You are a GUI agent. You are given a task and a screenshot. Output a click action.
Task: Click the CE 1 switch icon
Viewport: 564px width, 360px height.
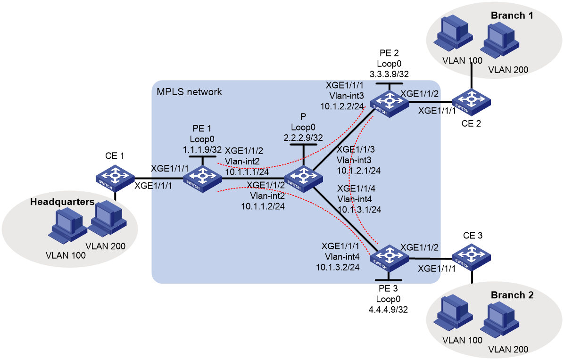click(x=115, y=178)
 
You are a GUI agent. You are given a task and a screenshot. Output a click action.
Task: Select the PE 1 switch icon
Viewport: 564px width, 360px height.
click(x=202, y=179)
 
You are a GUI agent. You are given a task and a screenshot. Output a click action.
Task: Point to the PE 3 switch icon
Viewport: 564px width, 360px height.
click(x=390, y=257)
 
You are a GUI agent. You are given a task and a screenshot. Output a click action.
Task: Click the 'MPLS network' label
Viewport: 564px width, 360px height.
click(x=189, y=92)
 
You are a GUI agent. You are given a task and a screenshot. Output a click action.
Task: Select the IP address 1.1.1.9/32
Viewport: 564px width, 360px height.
click(x=202, y=149)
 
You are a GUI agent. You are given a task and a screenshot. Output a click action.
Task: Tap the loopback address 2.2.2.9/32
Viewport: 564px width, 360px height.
click(x=303, y=138)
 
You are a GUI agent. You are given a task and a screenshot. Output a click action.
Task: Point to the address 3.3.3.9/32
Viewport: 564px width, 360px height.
click(x=389, y=74)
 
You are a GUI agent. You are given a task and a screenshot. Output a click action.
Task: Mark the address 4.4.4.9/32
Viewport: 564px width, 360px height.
click(x=388, y=310)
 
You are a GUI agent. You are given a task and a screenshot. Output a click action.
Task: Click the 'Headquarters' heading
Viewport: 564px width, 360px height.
click(x=62, y=202)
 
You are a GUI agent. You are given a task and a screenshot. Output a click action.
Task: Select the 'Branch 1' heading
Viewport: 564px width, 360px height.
click(x=512, y=16)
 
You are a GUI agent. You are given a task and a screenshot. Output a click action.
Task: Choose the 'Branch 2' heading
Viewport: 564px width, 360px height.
click(x=512, y=295)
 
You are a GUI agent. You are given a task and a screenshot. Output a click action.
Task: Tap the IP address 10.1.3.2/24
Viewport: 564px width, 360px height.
click(x=338, y=267)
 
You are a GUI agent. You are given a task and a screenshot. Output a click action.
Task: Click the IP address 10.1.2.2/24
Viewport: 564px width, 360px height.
click(x=342, y=106)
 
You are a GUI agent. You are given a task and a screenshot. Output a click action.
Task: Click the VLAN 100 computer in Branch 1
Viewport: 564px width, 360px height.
click(x=453, y=33)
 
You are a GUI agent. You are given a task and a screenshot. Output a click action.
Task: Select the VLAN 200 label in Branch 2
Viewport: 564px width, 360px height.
click(x=508, y=349)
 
